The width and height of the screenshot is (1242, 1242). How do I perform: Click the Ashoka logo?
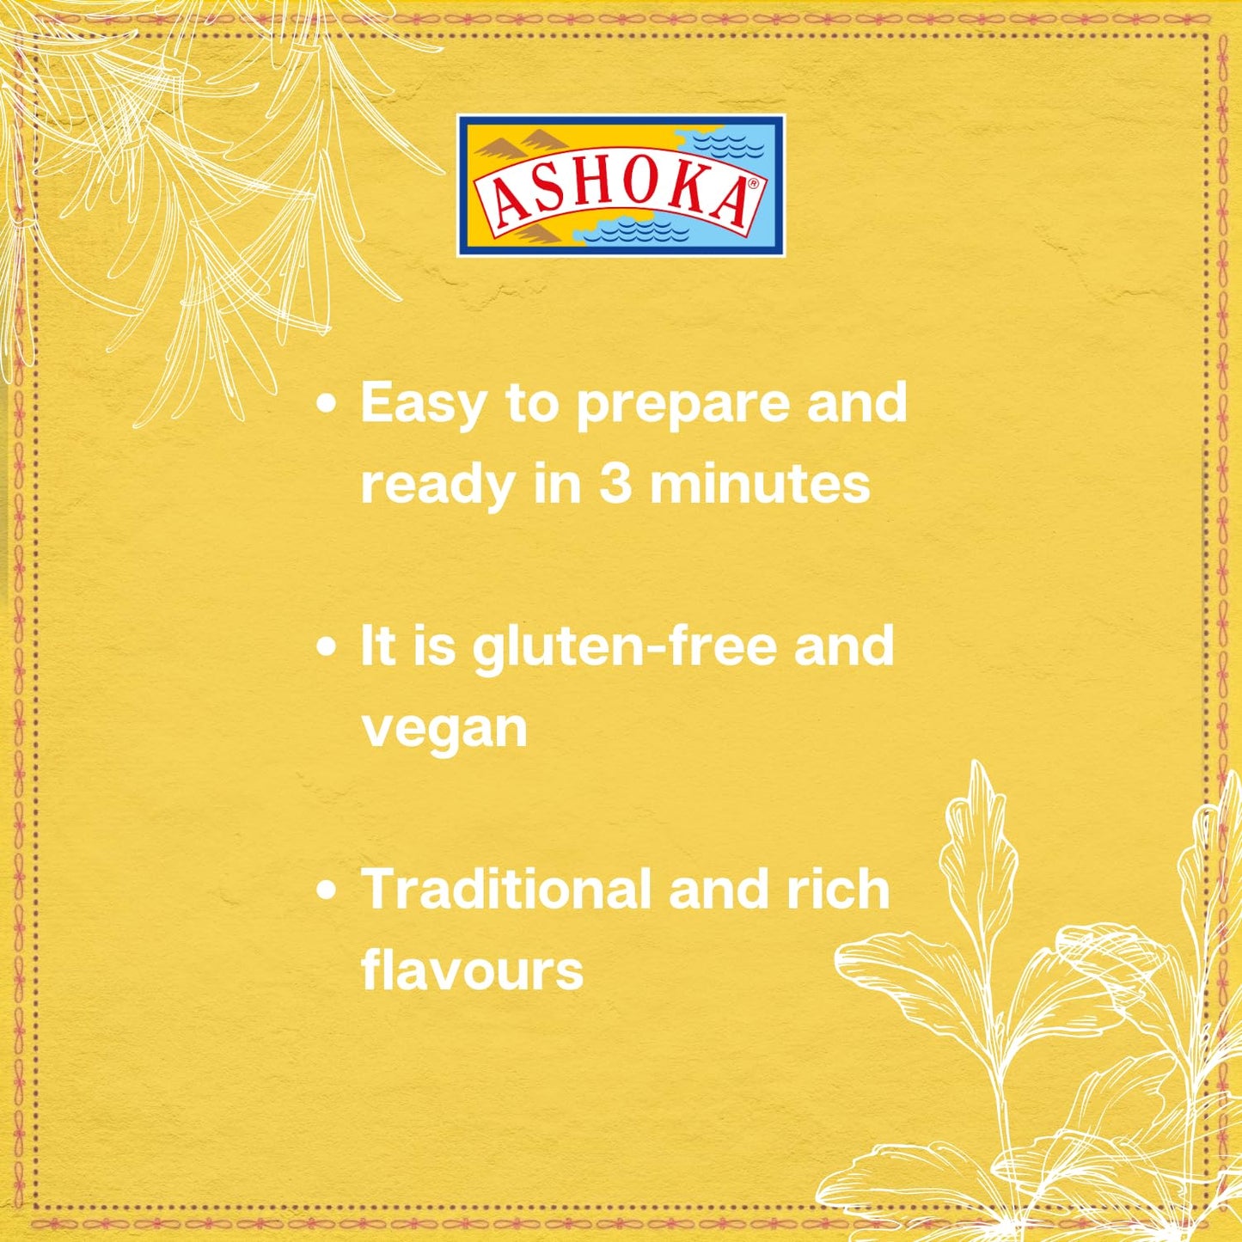click(621, 186)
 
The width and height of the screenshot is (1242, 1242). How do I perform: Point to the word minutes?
click(760, 483)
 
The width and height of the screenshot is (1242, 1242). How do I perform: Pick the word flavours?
click(472, 970)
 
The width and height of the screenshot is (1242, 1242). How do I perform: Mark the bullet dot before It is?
click(326, 647)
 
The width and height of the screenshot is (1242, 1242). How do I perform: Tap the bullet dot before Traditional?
click(326, 891)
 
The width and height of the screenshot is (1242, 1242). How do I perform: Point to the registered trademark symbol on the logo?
click(754, 183)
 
